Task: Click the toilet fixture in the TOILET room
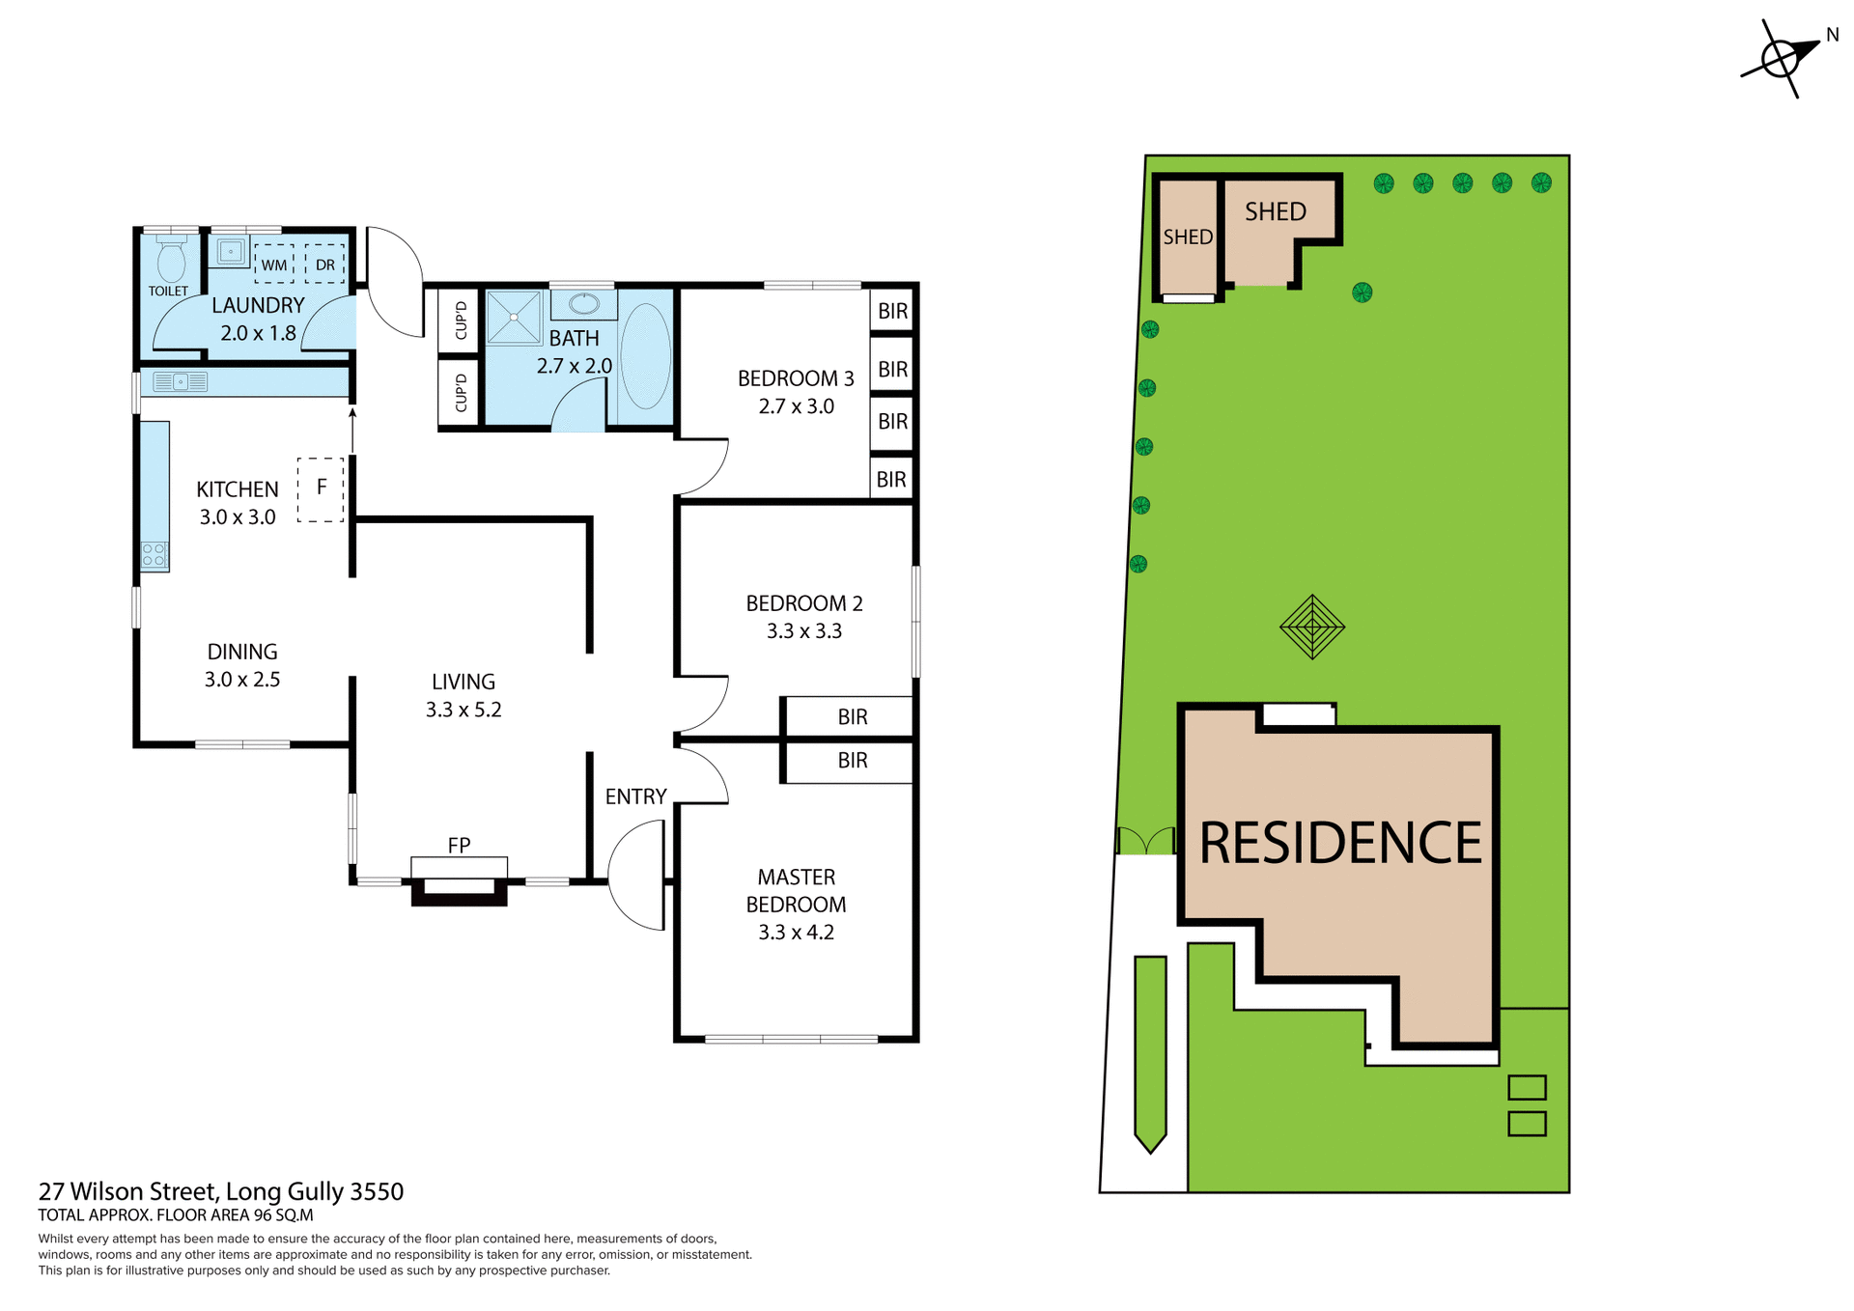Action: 171,261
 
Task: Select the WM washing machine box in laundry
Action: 274,264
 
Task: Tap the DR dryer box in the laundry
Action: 324,264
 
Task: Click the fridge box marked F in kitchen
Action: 321,489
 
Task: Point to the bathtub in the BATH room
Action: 645,356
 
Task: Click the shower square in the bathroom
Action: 513,317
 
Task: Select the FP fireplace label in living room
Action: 459,845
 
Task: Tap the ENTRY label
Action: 635,796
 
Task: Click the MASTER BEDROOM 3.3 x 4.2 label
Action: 796,905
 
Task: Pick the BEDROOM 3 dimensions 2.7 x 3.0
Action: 796,406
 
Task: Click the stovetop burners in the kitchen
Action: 154,554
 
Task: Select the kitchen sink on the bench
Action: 181,382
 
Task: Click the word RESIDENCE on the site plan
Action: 1339,843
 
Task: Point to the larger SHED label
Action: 1275,211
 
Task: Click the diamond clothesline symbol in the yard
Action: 1311,627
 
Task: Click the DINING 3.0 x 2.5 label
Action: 241,665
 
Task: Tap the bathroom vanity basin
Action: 583,305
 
